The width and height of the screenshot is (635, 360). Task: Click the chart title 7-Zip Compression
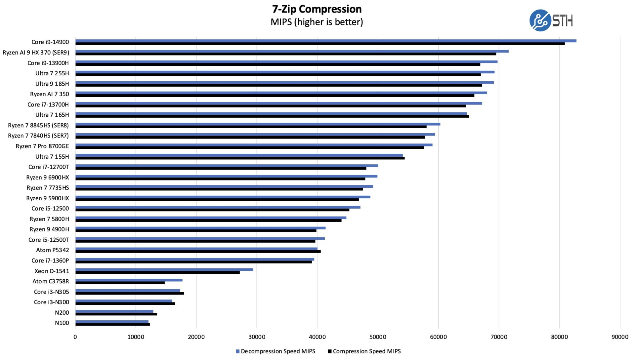pos(317,9)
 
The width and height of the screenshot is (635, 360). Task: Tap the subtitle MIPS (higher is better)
pos(317,22)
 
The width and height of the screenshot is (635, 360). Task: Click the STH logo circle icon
pos(539,20)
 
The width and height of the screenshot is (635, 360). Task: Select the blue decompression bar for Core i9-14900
pos(326,41)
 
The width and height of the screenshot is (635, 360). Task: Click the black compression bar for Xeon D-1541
pos(157,272)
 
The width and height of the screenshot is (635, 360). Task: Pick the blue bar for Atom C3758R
pos(129,280)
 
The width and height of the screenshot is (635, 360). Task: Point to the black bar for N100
pos(112,324)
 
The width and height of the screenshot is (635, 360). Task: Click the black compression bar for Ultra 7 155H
pos(240,158)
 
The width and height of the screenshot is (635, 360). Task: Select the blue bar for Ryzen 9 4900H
pos(200,228)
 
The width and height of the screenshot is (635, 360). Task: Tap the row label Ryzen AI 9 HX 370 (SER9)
pos(36,53)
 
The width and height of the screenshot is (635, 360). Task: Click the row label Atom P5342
pos(52,250)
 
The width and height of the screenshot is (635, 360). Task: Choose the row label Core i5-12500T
pos(49,240)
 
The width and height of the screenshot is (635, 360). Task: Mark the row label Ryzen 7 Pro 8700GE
pos(42,146)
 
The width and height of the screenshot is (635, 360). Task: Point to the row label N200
pos(62,313)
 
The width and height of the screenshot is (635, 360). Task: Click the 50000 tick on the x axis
pos(378,337)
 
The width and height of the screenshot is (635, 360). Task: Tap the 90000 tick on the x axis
pos(619,337)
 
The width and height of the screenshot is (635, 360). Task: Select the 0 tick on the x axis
pos(75,337)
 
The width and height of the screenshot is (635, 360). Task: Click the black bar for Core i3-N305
pos(130,293)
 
